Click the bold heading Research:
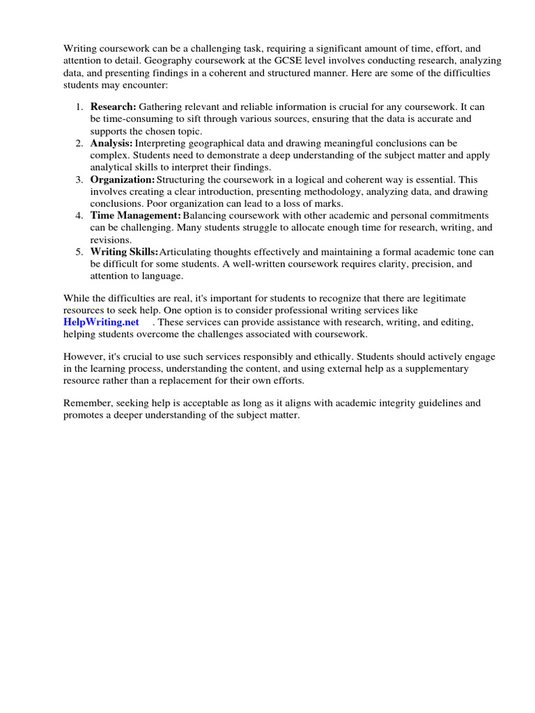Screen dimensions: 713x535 (x=113, y=107)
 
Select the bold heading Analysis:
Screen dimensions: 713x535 (x=111, y=143)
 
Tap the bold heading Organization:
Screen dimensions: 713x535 (x=123, y=180)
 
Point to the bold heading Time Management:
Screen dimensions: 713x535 (x=135, y=216)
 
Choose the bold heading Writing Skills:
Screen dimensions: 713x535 (x=124, y=252)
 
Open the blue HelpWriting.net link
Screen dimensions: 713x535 (x=101, y=322)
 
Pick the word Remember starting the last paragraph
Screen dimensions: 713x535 (x=87, y=403)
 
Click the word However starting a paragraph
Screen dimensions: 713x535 (x=84, y=356)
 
